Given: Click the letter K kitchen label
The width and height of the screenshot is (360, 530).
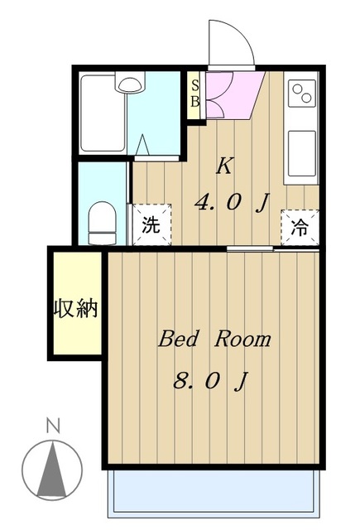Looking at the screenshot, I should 224,166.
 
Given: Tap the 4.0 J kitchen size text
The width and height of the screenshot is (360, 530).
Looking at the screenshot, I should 231,201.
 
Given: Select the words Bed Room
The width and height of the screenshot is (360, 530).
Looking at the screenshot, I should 214,339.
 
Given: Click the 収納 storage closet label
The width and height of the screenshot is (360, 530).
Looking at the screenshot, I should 76,310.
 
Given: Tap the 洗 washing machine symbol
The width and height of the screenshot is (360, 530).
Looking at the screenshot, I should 150,225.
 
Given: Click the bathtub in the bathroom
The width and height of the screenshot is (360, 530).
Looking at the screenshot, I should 103,116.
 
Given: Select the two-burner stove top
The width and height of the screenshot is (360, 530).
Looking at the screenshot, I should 301,94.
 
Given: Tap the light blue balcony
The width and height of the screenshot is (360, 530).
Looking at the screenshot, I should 214,493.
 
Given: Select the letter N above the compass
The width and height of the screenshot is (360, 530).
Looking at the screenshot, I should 53,427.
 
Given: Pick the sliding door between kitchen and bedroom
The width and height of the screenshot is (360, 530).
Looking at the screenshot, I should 248,248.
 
